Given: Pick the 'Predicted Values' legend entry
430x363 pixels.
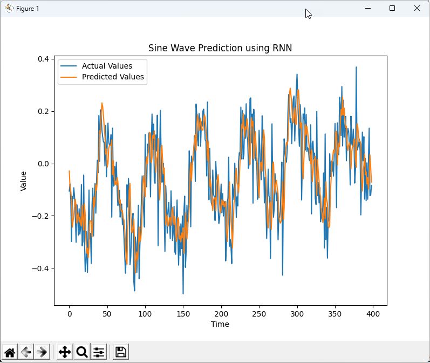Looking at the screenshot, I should click(x=113, y=77).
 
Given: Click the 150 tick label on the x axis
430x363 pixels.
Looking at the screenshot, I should click(x=183, y=314).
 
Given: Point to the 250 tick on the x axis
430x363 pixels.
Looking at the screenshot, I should click(x=259, y=314).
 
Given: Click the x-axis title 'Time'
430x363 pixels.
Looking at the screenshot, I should click(x=220, y=324).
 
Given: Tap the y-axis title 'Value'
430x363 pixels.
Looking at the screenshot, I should click(x=23, y=180).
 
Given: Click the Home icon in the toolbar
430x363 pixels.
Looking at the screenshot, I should click(x=10, y=352).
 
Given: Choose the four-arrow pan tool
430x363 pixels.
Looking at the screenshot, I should click(x=64, y=352).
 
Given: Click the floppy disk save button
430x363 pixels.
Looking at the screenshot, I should click(x=121, y=352).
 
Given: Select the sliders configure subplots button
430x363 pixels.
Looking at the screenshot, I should click(x=99, y=352).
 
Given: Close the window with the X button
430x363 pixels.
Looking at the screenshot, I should click(x=417, y=8).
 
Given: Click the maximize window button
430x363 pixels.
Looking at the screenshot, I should click(x=392, y=8).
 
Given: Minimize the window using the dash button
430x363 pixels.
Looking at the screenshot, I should click(x=367, y=8).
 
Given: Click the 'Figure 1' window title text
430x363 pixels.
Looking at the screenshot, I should click(x=28, y=9).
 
